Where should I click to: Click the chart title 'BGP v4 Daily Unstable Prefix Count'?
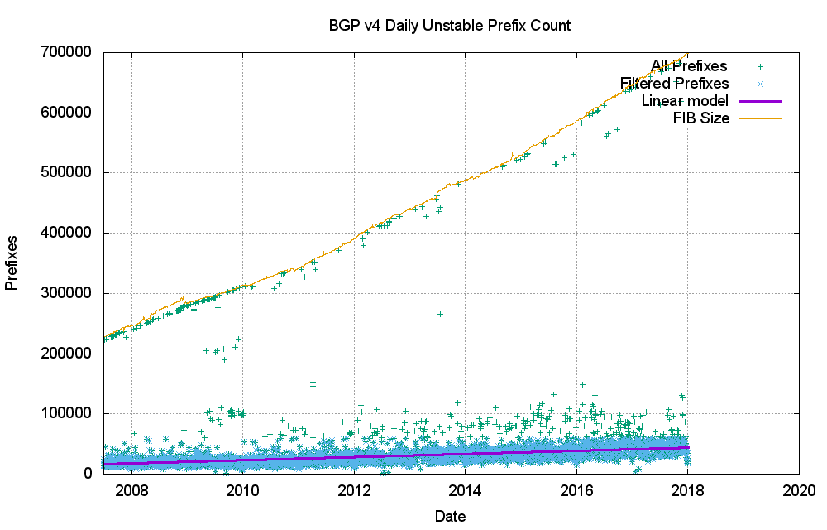pos(449,26)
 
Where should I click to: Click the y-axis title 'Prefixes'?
pos(12,262)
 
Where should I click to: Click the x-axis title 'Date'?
pos(450,517)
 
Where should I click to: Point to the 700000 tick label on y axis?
pos(67,52)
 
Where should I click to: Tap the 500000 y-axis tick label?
pos(67,172)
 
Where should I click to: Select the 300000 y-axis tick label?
pos(67,293)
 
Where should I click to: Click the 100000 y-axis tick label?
pos(67,413)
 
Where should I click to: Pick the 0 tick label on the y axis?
pos(88,474)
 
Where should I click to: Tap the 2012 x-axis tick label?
pos(354,489)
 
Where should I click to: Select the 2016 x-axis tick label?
pos(576,489)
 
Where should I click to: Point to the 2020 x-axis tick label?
pos(799,489)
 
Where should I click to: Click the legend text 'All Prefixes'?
pos(689,66)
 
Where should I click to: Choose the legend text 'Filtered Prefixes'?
pos(675,84)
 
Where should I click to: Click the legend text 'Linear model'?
pos(685,101)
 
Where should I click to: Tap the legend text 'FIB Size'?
pos(701,118)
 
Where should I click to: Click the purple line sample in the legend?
pos(760,101)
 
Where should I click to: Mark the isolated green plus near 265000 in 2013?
pos(441,314)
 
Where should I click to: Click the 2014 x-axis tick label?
pos(466,489)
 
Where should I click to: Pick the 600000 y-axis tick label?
pos(67,113)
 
